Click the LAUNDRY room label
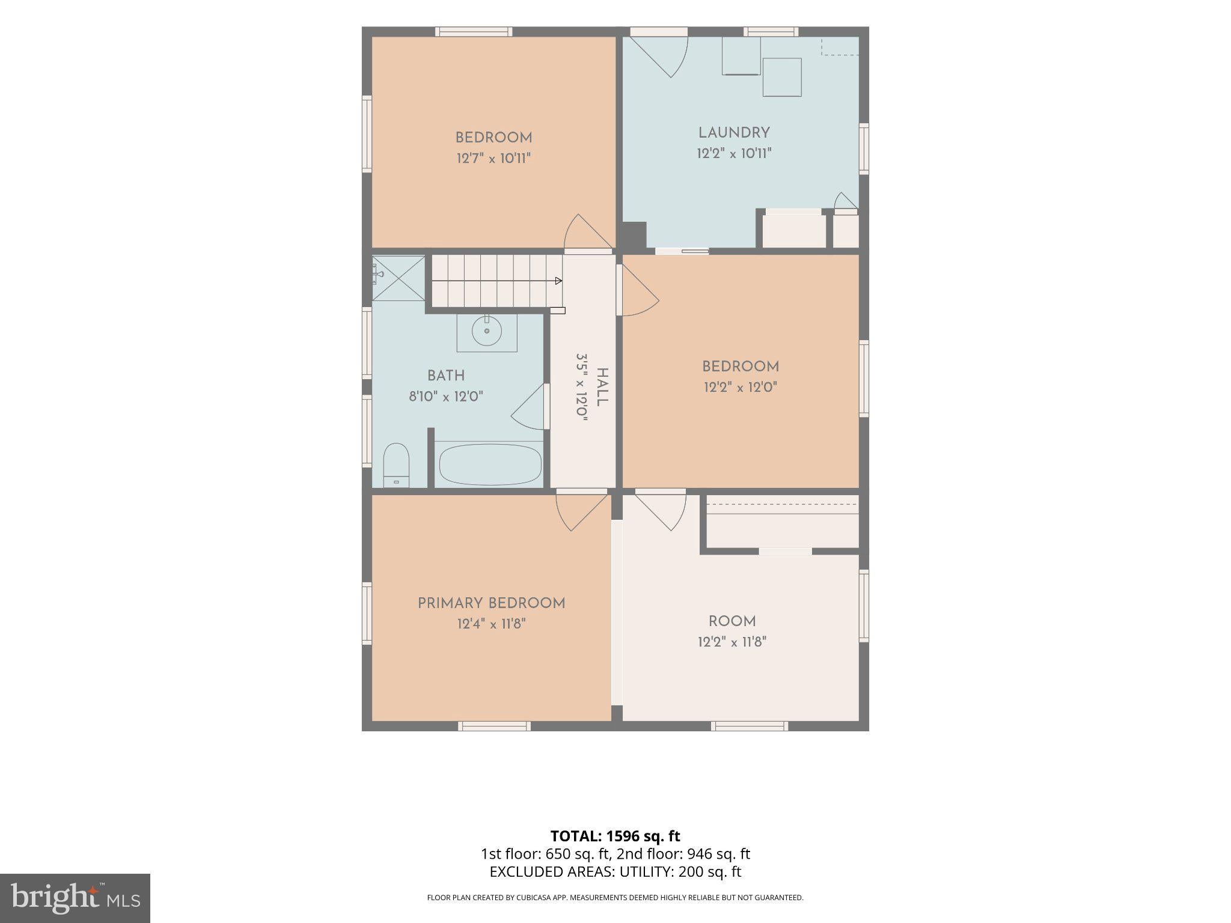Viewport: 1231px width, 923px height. (734, 133)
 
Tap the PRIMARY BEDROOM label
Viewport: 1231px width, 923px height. (492, 603)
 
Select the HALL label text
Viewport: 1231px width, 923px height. (602, 387)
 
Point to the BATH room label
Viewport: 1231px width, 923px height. (446, 376)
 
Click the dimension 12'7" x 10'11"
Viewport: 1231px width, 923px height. (493, 159)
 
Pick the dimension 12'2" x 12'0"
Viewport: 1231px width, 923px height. (741, 388)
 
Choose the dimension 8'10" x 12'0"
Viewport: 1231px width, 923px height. (446, 397)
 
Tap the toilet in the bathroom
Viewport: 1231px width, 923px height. (396, 465)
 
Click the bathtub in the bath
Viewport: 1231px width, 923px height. (490, 464)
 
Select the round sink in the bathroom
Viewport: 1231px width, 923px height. (486, 331)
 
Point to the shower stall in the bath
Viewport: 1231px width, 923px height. (398, 278)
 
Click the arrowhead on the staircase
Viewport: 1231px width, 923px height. (558, 281)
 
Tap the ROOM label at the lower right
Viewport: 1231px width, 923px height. (732, 622)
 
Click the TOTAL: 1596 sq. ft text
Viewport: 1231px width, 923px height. (615, 836)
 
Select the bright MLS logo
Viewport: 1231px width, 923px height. (75, 898)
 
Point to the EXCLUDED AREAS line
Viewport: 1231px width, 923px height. (615, 872)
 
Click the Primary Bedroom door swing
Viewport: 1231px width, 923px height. (581, 511)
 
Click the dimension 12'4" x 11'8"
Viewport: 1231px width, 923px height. (492, 624)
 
